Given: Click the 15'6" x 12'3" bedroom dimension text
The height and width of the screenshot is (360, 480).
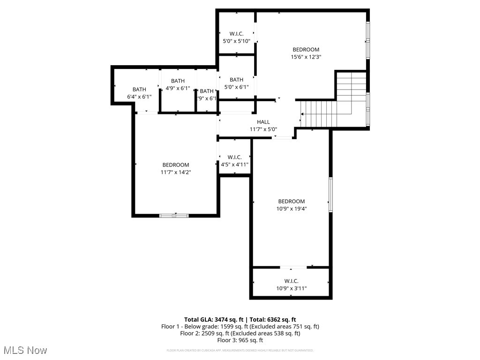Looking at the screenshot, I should pyautogui.click(x=306, y=57).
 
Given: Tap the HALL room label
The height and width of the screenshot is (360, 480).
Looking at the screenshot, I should pyautogui.click(x=263, y=122).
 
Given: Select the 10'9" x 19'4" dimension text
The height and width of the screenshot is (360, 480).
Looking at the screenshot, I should pyautogui.click(x=291, y=209).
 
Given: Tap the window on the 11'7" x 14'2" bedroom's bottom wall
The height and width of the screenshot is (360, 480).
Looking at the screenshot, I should pyautogui.click(x=174, y=216).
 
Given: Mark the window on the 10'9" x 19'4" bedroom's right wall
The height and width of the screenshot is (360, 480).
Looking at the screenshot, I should pyautogui.click(x=330, y=194).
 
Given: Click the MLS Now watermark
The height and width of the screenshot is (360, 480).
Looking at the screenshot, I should pyautogui.click(x=25, y=350).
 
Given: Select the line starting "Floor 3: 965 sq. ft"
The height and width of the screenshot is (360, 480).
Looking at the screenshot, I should pyautogui.click(x=240, y=340).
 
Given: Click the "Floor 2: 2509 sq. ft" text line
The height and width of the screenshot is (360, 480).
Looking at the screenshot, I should pyautogui.click(x=240, y=333).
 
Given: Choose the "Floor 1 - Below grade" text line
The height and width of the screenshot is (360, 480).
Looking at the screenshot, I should pyautogui.click(x=240, y=326).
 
